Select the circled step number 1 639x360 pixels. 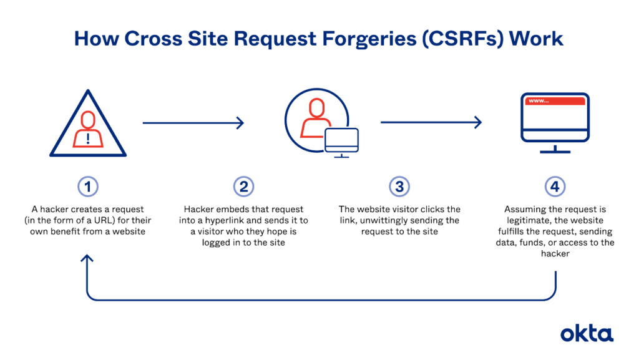point(89,186)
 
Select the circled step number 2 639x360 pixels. point(242,186)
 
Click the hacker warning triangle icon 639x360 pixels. point(89,128)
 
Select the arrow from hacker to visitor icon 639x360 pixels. point(193,123)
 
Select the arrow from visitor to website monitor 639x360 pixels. point(431,123)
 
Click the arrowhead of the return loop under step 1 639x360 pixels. point(89,260)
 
